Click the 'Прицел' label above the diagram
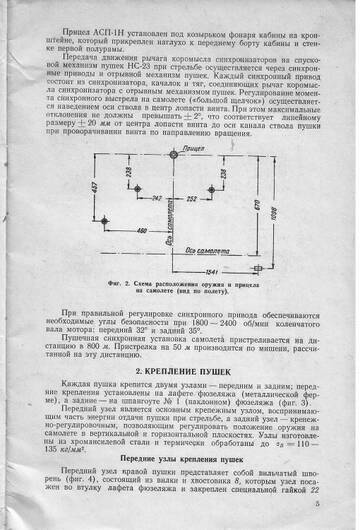pyautogui.click(x=181, y=148)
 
